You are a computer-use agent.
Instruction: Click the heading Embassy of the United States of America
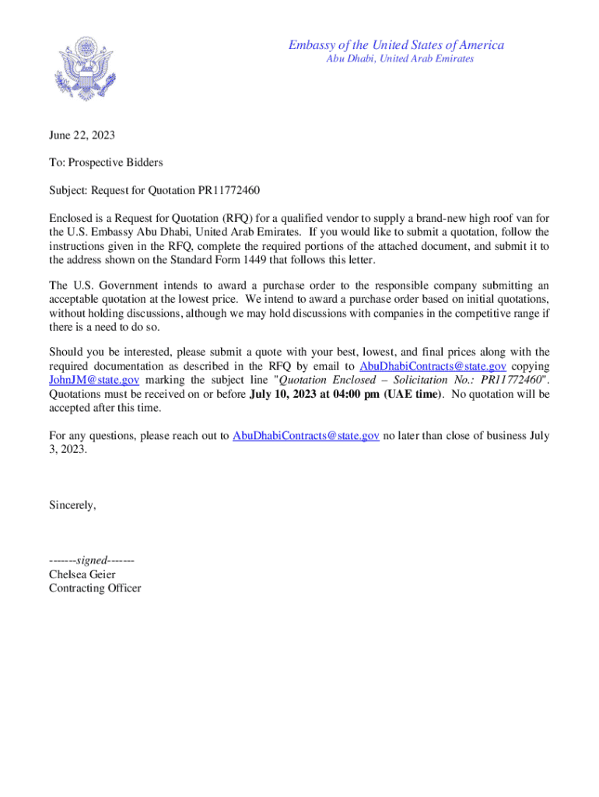coord(396,45)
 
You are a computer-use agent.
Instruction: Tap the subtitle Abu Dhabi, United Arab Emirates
coord(400,59)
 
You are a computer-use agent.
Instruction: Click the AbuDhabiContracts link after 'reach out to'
coord(306,436)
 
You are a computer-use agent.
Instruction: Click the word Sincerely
coord(72,505)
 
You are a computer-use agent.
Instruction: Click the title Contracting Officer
coord(95,588)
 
